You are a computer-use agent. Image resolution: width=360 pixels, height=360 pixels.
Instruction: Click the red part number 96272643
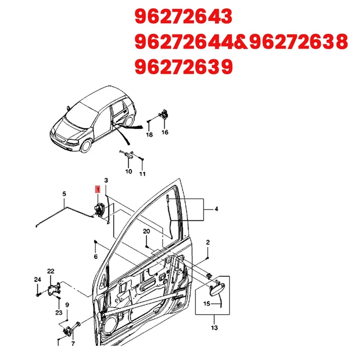tap(184, 17)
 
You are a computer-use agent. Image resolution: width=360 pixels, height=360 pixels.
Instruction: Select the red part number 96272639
tap(184, 67)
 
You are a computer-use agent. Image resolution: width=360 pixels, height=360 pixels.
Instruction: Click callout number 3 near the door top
tap(106, 180)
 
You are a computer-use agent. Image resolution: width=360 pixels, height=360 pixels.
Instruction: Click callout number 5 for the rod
tap(64, 194)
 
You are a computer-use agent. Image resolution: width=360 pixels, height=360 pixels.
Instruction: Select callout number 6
tap(95, 256)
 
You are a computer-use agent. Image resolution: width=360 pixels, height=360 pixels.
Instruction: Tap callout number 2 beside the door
tap(207, 243)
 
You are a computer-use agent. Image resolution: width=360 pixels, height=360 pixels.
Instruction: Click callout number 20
tap(147, 231)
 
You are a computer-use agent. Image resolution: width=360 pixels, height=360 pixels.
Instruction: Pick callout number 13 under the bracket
tap(213, 328)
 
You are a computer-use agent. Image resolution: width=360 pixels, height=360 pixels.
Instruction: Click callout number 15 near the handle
tap(207, 304)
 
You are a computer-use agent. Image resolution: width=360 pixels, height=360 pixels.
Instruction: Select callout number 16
tap(165, 132)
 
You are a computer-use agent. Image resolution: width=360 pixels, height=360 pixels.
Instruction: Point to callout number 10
tap(128, 171)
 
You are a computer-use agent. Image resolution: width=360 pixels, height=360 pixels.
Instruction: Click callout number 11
tap(142, 174)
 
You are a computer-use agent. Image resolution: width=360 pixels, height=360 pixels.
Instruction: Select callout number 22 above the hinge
tap(50, 271)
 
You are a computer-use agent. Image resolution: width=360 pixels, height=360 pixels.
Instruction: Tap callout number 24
tap(37, 279)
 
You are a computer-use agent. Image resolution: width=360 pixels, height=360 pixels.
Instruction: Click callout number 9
tap(67, 305)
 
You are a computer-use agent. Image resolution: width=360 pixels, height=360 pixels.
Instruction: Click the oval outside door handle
tap(217, 286)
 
